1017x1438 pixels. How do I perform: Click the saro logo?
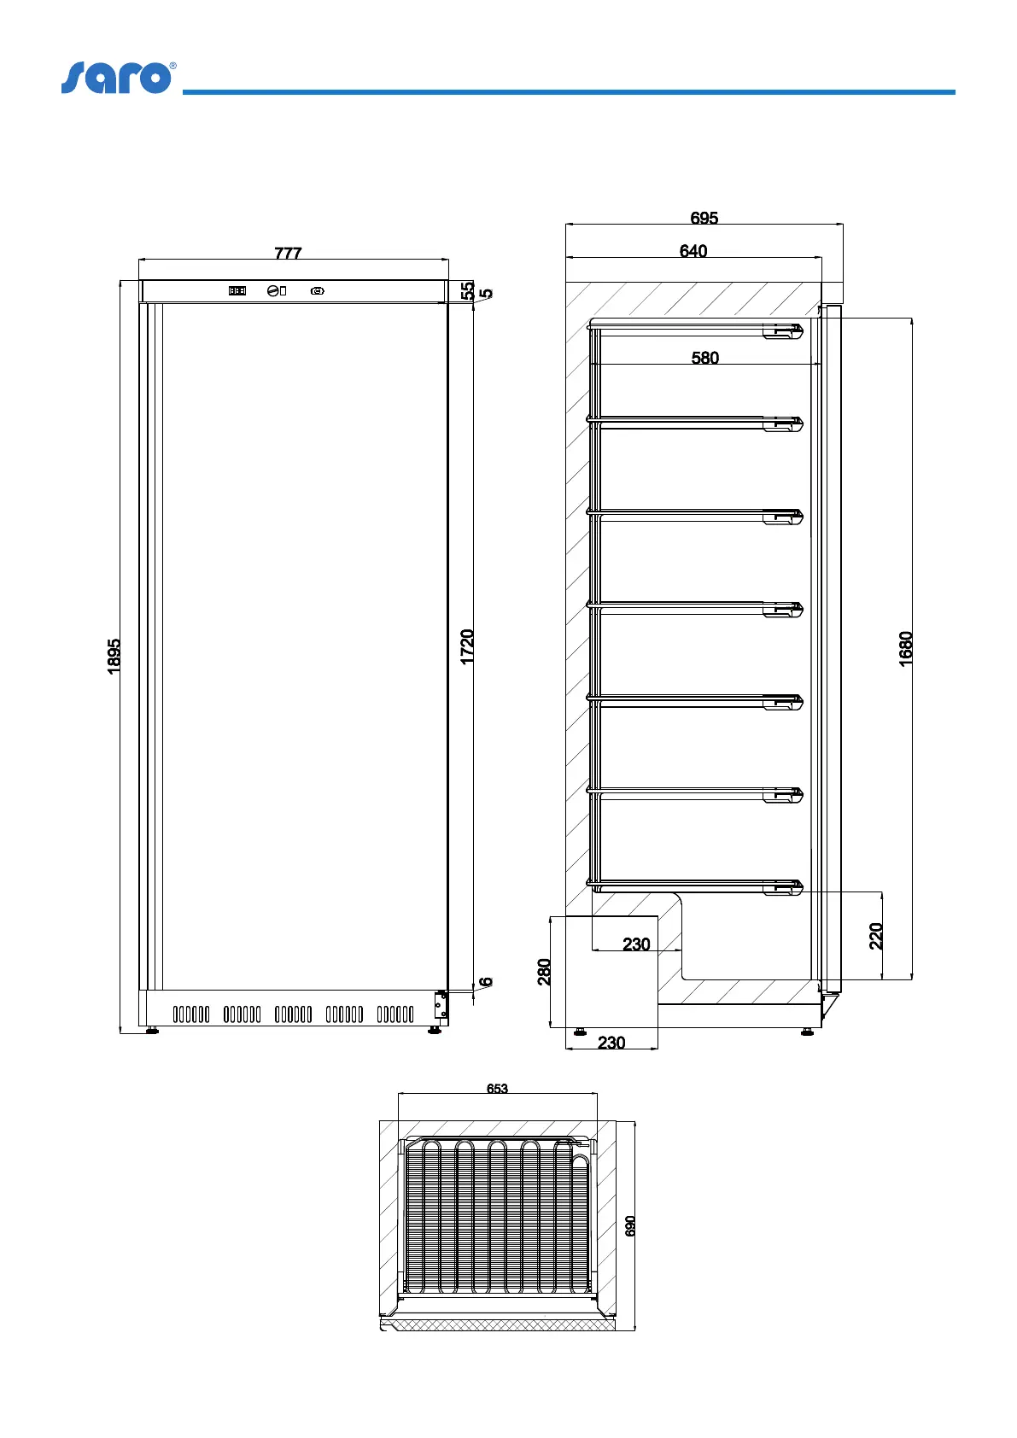[x=118, y=77]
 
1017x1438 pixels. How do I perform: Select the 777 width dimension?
[x=288, y=253]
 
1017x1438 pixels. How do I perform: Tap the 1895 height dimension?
[x=114, y=657]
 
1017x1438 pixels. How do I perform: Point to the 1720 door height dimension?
[x=467, y=646]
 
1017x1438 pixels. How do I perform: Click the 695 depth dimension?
[x=704, y=218]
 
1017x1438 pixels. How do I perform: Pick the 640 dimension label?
[x=693, y=251]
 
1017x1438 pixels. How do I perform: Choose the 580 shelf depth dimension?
[x=705, y=358]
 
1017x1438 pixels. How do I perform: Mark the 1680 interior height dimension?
[x=906, y=649]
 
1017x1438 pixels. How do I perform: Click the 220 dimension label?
[x=876, y=937]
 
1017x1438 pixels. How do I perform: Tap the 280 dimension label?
[x=544, y=972]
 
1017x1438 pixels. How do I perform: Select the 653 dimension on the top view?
[x=497, y=1089]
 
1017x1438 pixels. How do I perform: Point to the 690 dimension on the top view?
[x=630, y=1226]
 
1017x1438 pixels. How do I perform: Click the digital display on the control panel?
[x=237, y=291]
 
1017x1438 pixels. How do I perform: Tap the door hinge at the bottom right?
[x=441, y=1006]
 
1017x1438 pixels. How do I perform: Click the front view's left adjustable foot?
[x=153, y=1031]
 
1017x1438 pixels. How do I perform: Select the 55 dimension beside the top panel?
[x=467, y=290]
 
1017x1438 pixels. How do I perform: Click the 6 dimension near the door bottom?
[x=486, y=982]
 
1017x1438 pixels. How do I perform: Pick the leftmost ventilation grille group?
[x=191, y=1014]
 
